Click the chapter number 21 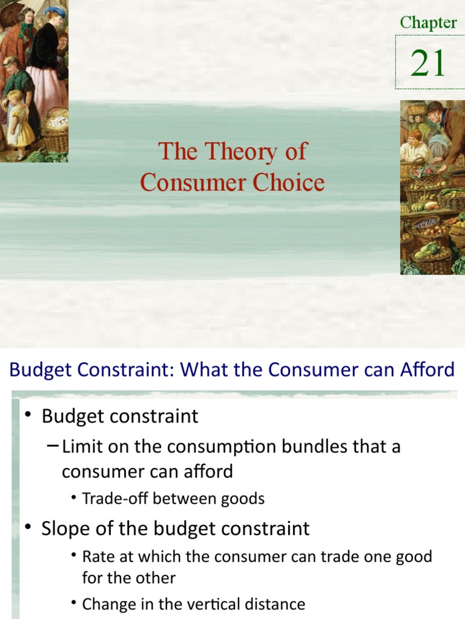[428, 63]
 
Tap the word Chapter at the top [428, 23]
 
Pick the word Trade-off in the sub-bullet [114, 499]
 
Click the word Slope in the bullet [65, 528]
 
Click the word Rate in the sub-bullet [96, 557]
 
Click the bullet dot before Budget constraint [28, 416]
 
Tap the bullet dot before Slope [28, 528]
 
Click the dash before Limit [53, 447]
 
